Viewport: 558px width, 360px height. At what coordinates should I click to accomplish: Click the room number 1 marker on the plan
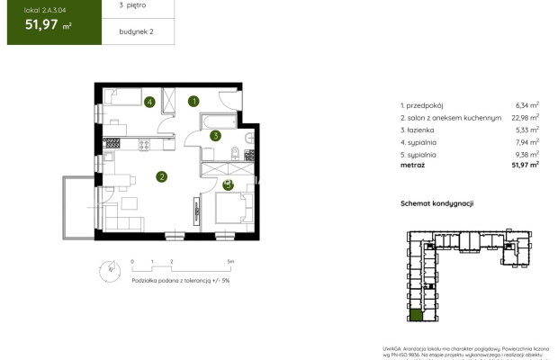pos(194,102)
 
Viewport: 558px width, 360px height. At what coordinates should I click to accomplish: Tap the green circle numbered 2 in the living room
pos(161,177)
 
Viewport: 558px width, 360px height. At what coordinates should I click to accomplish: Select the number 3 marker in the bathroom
pos(215,137)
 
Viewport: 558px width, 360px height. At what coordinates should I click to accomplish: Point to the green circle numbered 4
pos(149,102)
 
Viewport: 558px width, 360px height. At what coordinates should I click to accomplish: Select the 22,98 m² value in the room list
pos(526,117)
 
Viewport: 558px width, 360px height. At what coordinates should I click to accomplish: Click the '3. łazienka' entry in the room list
pos(420,130)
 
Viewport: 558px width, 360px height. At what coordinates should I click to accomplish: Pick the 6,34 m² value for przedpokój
pos(527,105)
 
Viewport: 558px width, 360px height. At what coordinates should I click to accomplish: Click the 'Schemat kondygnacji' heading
pos(436,203)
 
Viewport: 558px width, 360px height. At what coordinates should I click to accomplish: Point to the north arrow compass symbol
pos(110,267)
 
